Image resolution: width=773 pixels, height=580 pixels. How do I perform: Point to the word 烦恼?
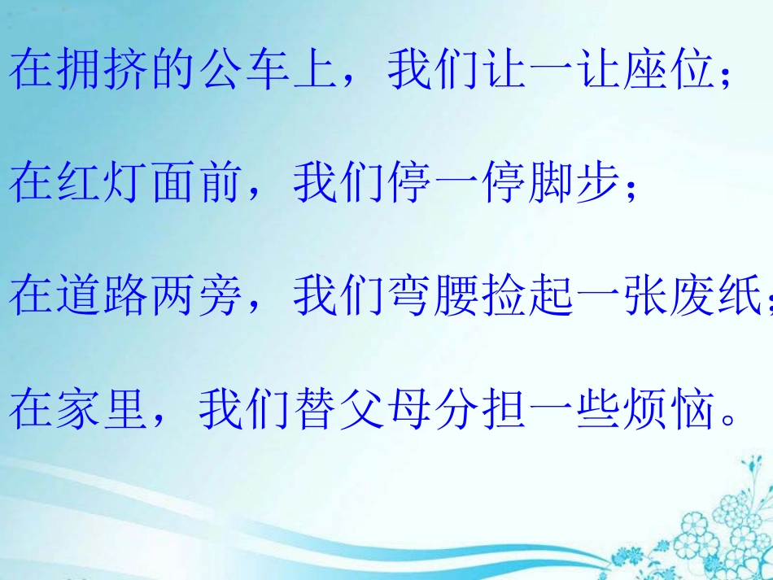(669, 409)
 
